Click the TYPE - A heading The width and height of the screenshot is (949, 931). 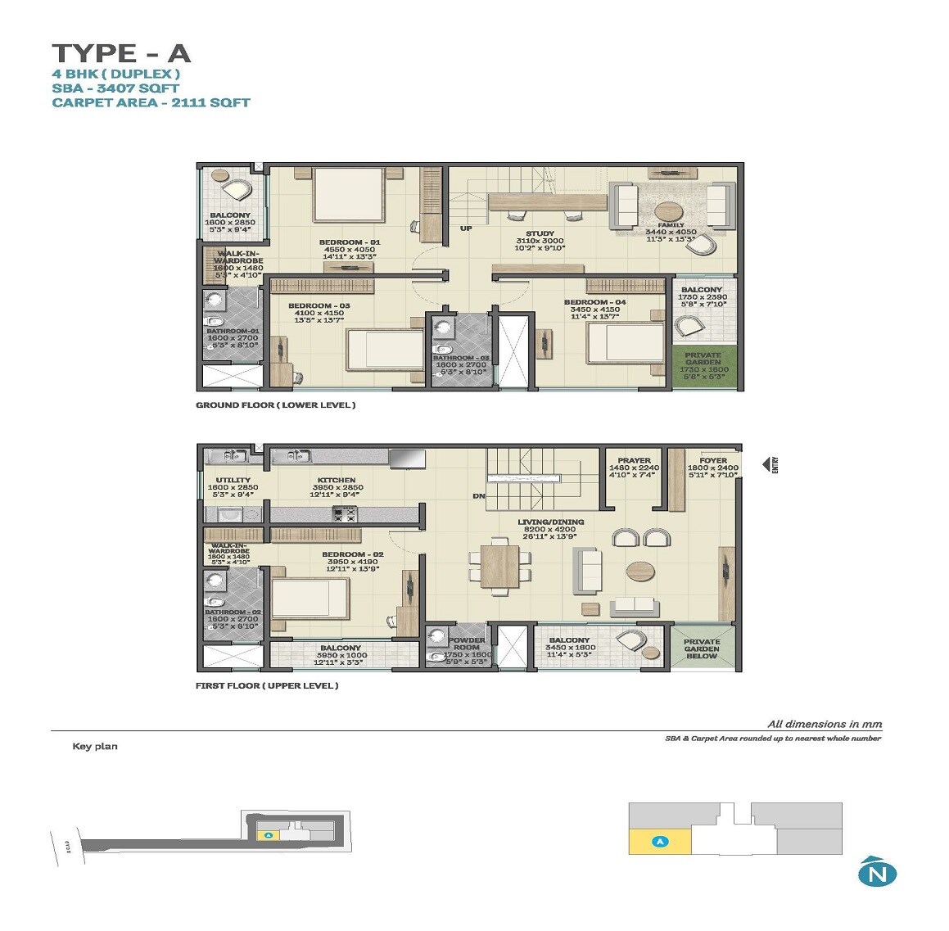click(x=121, y=53)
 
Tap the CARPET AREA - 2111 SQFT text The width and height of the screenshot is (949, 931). click(x=151, y=102)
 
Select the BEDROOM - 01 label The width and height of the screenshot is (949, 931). click(x=350, y=243)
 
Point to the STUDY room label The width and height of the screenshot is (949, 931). click(x=540, y=234)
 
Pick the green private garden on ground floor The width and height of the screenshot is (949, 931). click(x=703, y=364)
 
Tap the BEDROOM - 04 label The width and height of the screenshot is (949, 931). click(x=594, y=302)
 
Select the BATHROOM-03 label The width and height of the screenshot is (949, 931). click(x=461, y=358)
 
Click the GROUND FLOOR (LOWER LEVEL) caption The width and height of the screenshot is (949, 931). click(x=275, y=405)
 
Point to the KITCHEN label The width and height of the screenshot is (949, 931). click(x=337, y=481)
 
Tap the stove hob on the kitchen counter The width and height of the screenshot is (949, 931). click(x=344, y=514)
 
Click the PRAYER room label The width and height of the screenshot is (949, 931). click(x=634, y=461)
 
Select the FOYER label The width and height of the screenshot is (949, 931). click(x=713, y=461)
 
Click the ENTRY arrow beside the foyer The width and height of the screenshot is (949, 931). click(x=770, y=465)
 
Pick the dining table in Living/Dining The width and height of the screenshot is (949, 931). click(x=499, y=566)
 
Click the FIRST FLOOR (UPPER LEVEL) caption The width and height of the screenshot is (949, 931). click(x=266, y=685)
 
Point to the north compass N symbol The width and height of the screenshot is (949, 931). click(x=877, y=873)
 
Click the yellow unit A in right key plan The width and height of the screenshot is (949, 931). click(x=660, y=841)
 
